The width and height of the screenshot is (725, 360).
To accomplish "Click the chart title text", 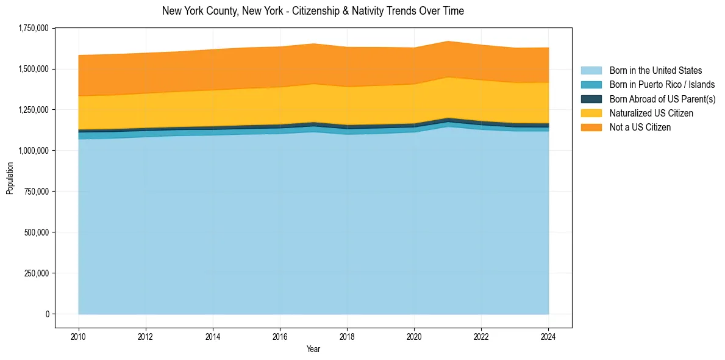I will [313, 11].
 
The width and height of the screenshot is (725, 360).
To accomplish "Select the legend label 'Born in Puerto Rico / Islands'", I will [662, 85].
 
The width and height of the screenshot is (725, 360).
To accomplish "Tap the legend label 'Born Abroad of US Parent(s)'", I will [662, 99].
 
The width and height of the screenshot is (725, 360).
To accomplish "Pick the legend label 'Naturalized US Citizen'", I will [651, 113].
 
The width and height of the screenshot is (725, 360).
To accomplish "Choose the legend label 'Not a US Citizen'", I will [640, 127].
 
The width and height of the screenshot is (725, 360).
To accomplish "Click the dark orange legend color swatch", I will [591, 127].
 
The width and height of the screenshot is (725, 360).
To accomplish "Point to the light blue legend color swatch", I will [591, 71].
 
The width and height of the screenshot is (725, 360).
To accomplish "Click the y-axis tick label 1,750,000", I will [34, 28].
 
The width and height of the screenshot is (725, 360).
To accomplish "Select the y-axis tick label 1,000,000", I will [34, 151].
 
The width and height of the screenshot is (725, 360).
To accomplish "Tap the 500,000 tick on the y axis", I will [37, 232].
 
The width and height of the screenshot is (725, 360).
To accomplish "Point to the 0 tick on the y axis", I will [46, 314].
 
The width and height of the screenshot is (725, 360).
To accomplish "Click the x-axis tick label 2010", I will [78, 336].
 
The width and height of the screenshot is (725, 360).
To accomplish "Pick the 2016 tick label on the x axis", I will [280, 336].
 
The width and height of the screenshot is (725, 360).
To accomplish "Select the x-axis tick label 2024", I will [549, 336].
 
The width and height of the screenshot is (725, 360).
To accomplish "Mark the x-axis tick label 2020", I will [414, 336].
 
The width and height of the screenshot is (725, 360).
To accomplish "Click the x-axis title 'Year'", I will [313, 350].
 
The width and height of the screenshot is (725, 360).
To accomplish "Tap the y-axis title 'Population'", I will [10, 178].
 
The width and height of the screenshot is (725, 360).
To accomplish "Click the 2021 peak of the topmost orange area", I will [448, 41].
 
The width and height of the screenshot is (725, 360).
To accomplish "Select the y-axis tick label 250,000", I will [37, 273].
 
